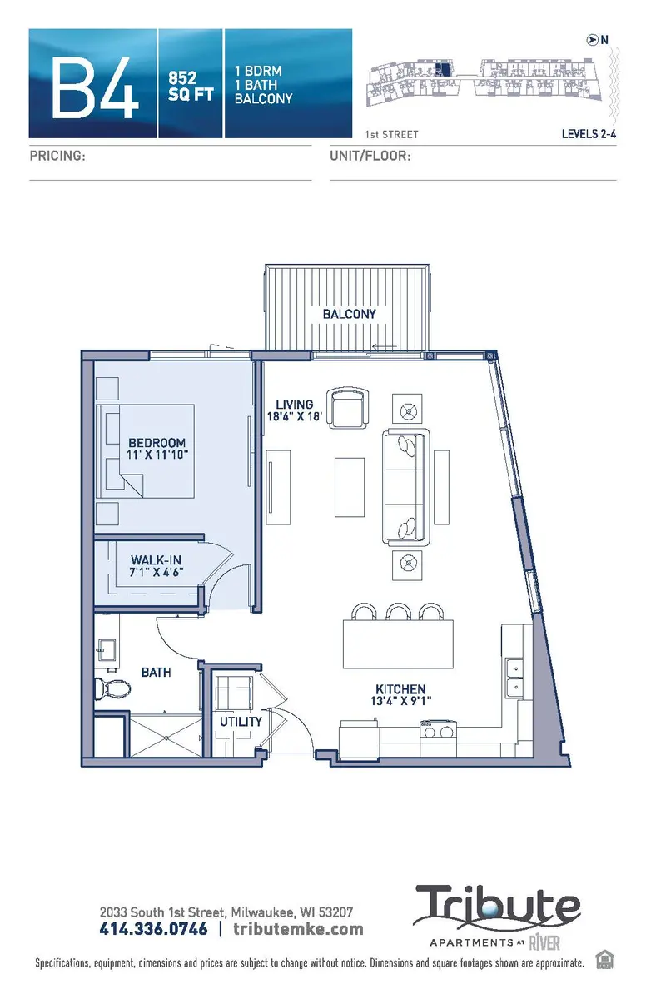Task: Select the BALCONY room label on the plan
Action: [350, 314]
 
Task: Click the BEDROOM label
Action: [157, 442]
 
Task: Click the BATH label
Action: [156, 671]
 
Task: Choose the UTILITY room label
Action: [241, 721]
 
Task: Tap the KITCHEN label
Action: [400, 689]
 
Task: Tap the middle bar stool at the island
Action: [397, 613]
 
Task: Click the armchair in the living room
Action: [347, 407]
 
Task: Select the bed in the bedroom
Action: [148, 450]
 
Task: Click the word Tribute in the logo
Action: [498, 908]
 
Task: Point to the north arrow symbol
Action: [593, 38]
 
